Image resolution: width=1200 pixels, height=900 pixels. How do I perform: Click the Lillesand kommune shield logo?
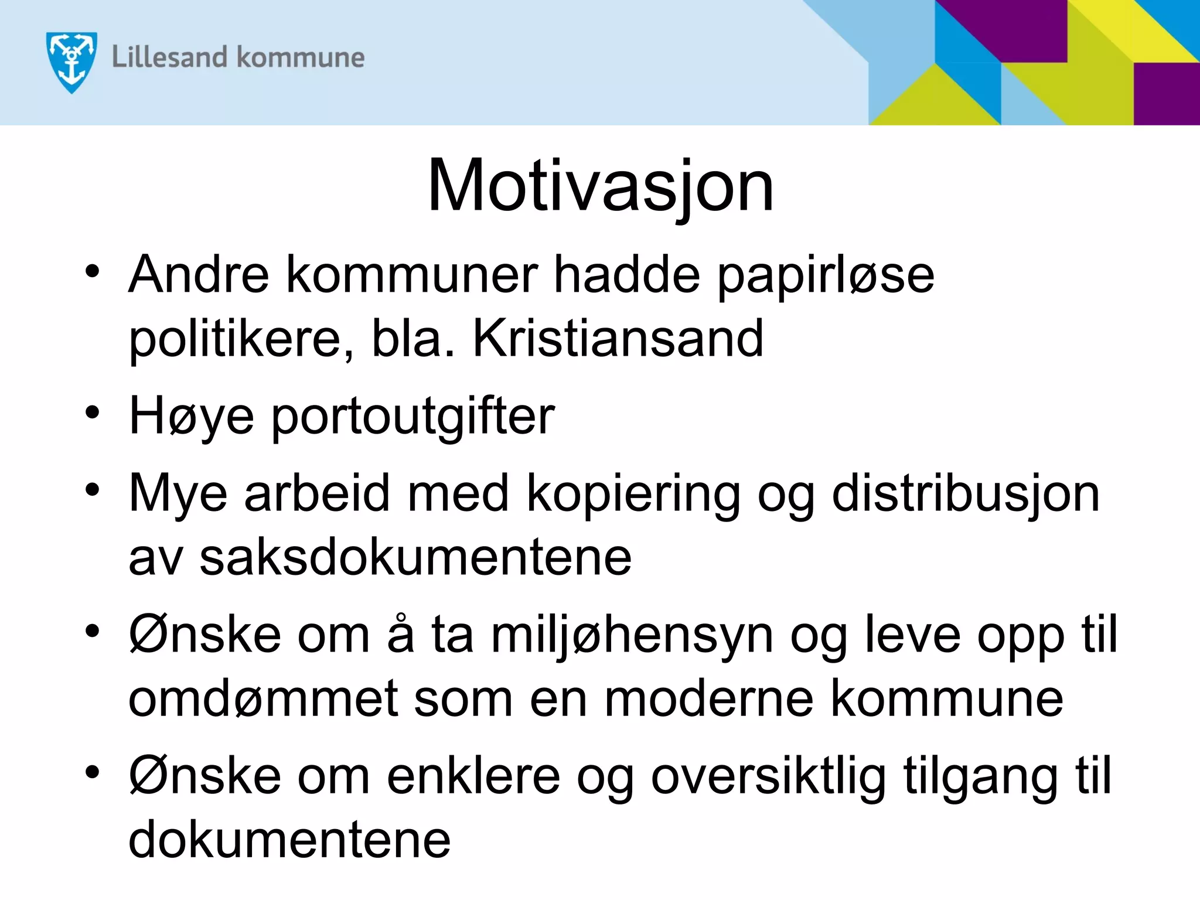(x=71, y=62)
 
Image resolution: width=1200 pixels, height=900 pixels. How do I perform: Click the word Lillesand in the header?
(x=169, y=57)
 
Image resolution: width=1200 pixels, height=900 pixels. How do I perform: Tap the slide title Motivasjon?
(x=601, y=186)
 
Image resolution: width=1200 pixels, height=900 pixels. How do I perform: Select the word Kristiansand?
(x=618, y=338)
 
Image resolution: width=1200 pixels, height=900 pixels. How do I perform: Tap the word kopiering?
(x=633, y=493)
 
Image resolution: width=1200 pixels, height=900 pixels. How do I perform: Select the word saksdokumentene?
(x=415, y=558)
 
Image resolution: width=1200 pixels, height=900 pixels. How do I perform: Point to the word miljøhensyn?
(x=632, y=635)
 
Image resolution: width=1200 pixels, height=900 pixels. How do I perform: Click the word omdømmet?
(x=264, y=698)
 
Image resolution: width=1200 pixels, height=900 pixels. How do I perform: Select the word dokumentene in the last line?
(x=289, y=840)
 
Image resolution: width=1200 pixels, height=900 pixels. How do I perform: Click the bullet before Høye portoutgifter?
(x=93, y=412)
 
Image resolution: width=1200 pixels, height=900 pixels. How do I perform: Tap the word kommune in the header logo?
(x=301, y=57)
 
